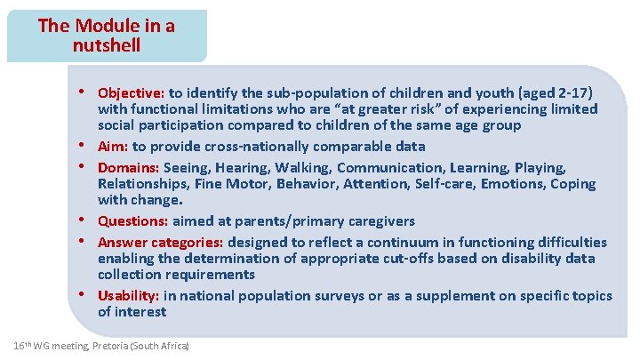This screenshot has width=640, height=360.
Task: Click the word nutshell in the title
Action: click(107, 44)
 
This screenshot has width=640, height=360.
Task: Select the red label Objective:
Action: click(132, 92)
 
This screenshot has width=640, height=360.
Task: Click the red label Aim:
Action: click(113, 146)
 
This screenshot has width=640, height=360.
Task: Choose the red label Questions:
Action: click(132, 220)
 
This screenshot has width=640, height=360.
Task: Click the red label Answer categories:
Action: click(161, 242)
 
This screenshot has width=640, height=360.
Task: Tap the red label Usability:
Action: click(129, 295)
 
